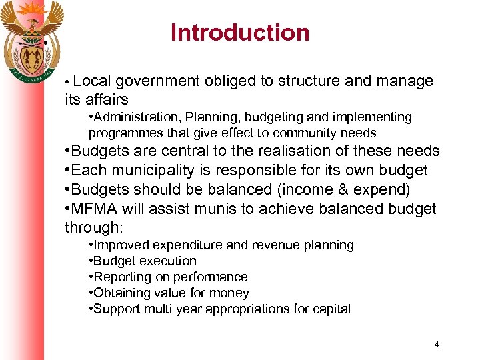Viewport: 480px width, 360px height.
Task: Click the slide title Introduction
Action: [240, 33]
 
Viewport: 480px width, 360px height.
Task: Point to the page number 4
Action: [437, 345]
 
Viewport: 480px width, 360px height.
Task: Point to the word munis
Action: [214, 209]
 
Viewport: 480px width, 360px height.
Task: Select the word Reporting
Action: [121, 277]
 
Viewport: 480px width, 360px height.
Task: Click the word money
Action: [230, 293]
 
